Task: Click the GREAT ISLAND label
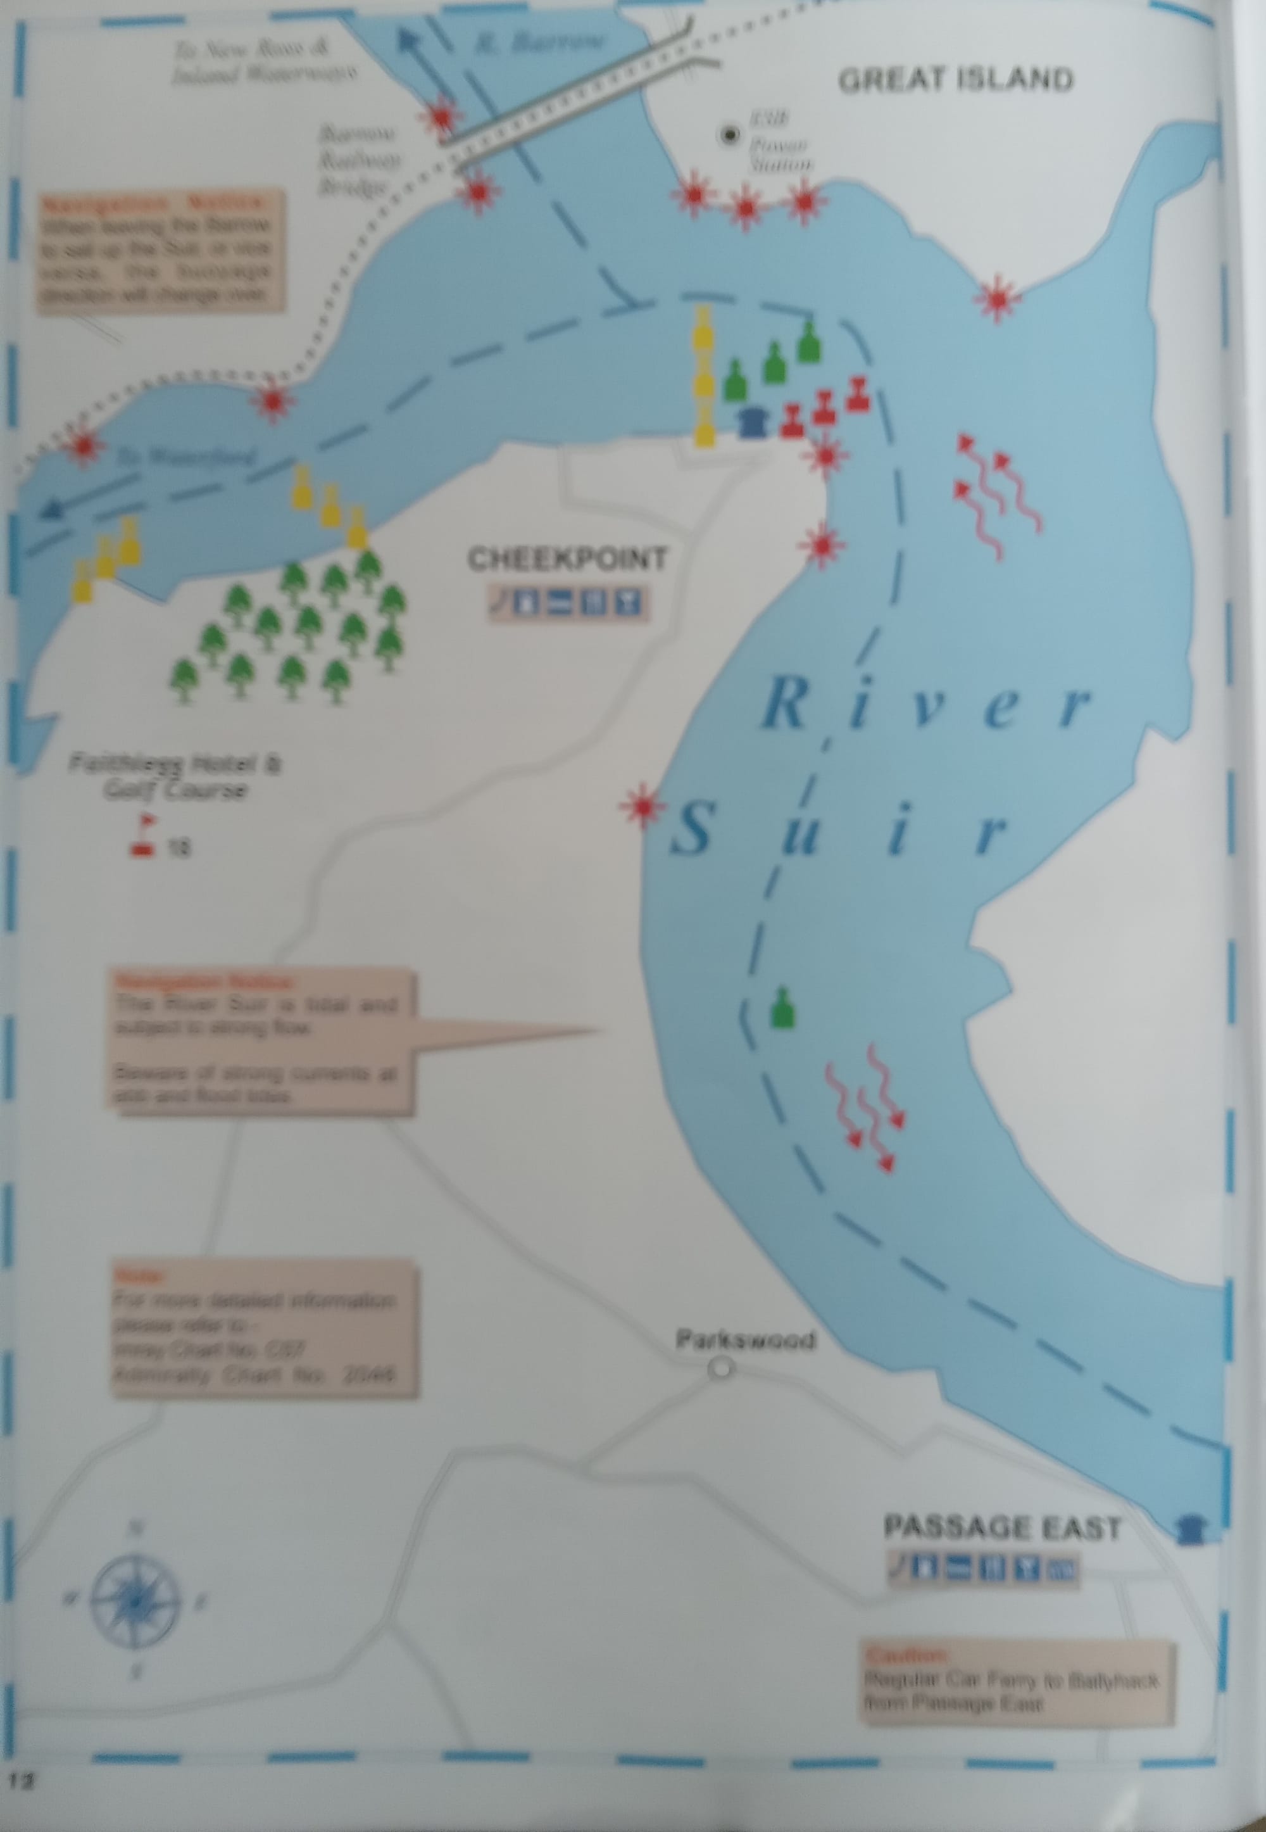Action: tap(955, 80)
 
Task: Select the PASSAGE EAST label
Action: tap(1002, 1528)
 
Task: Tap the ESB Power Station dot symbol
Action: tap(727, 136)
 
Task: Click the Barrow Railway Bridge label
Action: tap(358, 160)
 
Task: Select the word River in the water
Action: tap(924, 707)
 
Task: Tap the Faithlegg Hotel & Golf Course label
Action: tap(175, 778)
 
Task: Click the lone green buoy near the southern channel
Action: tap(782, 1009)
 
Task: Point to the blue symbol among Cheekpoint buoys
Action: tap(751, 421)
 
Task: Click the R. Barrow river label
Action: tap(539, 42)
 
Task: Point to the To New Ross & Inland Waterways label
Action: tap(264, 62)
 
